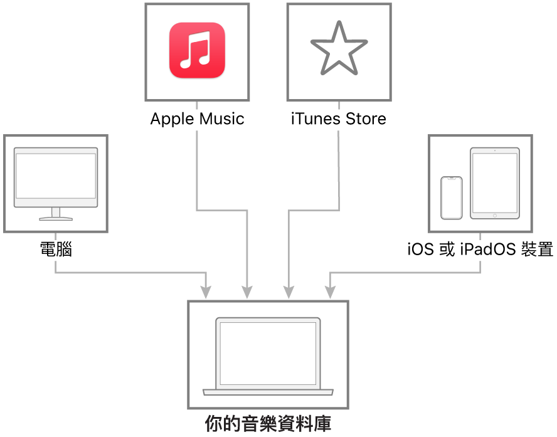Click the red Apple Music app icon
pos(197,50)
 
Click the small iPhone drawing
pos(451,197)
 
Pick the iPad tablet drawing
pos(495,183)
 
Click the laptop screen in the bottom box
pos(268,353)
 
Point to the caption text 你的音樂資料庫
pos(268,423)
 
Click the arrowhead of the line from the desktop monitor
pos(206,293)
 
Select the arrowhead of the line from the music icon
pos(247,293)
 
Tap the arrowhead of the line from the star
pos(289,293)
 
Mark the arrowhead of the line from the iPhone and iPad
pos(330,293)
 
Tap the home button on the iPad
pos(495,215)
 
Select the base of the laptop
pos(268,392)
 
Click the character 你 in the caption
pos(213,423)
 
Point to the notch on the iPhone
pos(451,179)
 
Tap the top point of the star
pos(339,23)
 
